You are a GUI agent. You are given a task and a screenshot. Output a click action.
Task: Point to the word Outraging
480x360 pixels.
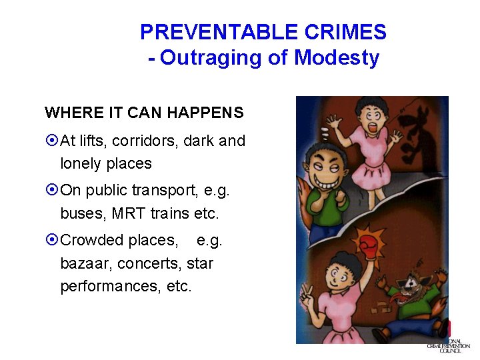[x=211, y=58]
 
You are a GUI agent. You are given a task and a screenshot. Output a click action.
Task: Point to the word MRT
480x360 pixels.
[x=128, y=214]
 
